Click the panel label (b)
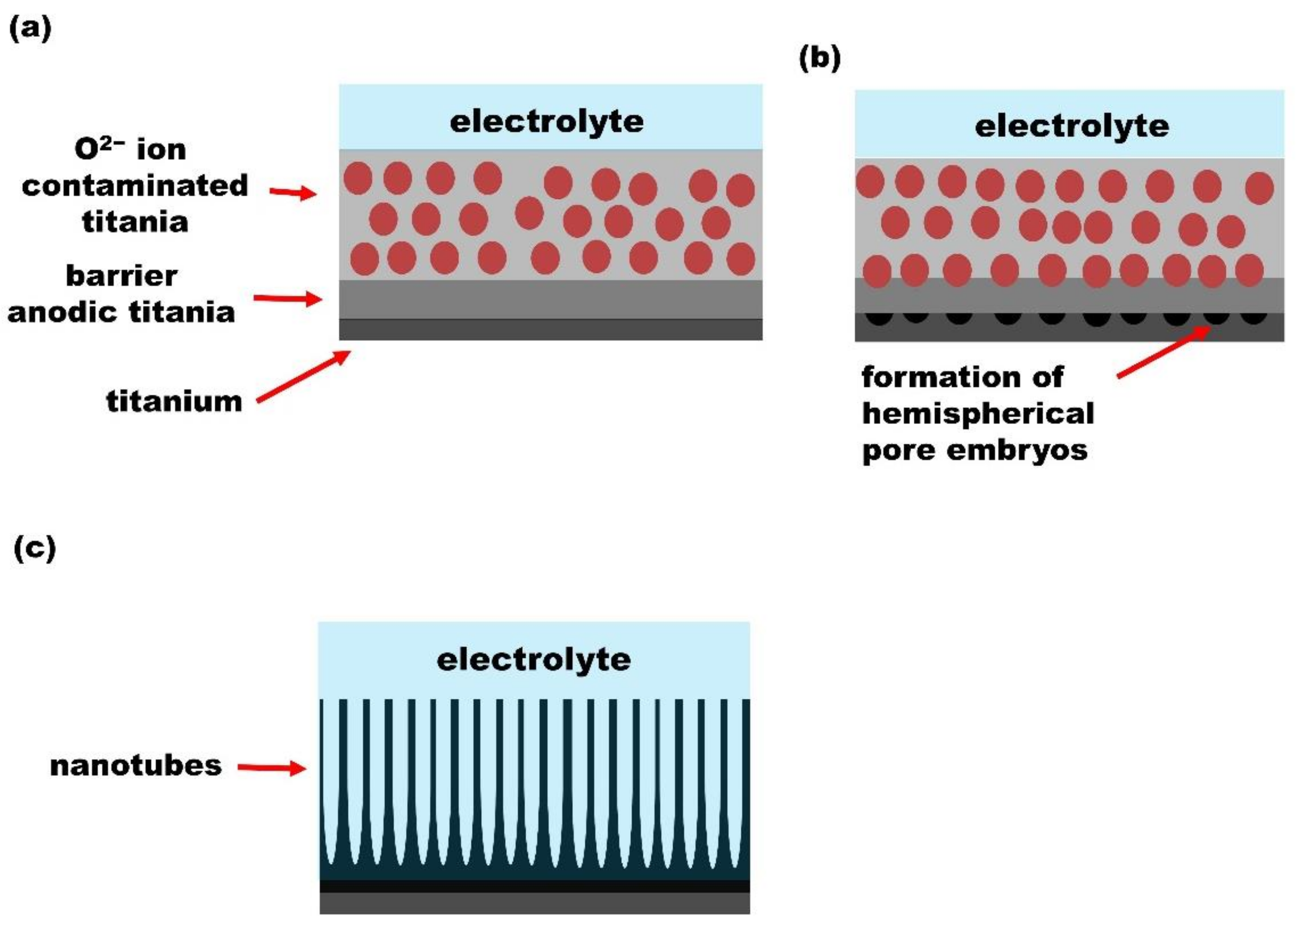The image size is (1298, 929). click(x=819, y=58)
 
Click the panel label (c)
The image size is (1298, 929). click(x=34, y=548)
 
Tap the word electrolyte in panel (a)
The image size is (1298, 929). click(x=547, y=122)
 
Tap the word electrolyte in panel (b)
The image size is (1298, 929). click(x=1072, y=127)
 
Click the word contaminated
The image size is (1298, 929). click(x=135, y=186)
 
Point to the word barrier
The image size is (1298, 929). click(x=122, y=276)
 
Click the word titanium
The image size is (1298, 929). click(x=175, y=401)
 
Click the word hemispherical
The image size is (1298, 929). click(x=978, y=414)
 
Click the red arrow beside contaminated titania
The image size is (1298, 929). click(x=293, y=193)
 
